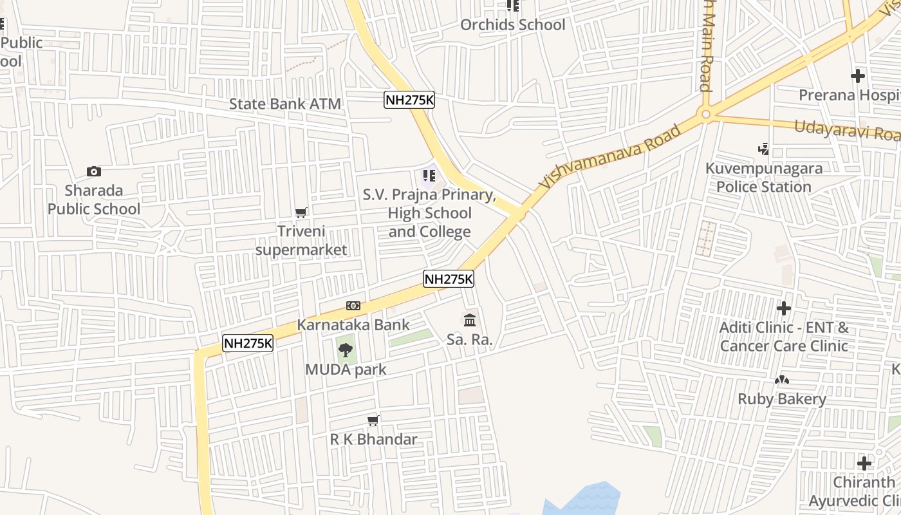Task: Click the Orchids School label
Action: click(x=512, y=25)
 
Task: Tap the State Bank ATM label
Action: click(x=285, y=104)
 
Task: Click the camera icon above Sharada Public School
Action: click(x=94, y=171)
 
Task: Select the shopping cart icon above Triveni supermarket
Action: click(x=301, y=212)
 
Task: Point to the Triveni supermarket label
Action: click(x=301, y=240)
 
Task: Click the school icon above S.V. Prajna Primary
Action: click(x=429, y=175)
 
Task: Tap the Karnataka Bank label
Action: click(x=353, y=324)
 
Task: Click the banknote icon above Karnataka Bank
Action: click(x=353, y=306)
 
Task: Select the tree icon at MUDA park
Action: click(x=346, y=351)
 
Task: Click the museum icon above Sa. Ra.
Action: click(x=470, y=320)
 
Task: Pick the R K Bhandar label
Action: click(x=373, y=440)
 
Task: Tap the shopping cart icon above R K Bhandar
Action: click(x=373, y=421)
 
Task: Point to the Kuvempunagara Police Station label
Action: click(x=763, y=178)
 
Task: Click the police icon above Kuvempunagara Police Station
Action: click(x=763, y=149)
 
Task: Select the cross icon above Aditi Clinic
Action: click(x=783, y=308)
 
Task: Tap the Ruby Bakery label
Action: click(x=781, y=399)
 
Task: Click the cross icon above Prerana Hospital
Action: click(x=857, y=76)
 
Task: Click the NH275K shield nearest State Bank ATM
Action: click(x=409, y=100)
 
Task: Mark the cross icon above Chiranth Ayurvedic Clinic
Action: click(x=864, y=463)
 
